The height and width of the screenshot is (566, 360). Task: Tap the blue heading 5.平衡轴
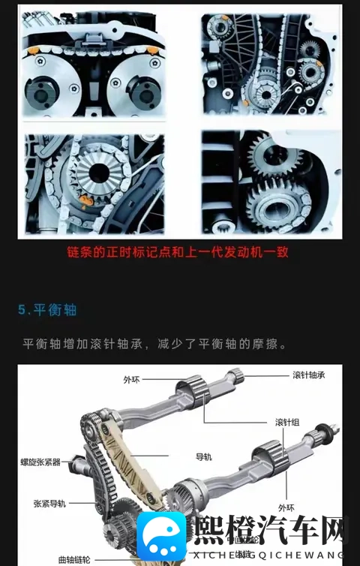[47, 309]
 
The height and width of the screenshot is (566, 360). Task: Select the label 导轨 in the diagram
[204, 456]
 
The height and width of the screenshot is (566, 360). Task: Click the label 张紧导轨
[49, 503]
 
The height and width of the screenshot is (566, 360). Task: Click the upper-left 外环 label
[131, 380]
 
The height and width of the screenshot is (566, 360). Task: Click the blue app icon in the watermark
[161, 536]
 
